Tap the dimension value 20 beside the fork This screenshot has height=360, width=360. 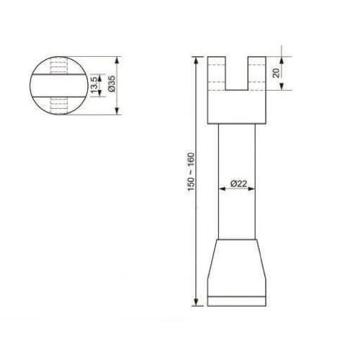click(x=276, y=72)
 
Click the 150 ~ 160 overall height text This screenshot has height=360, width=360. click(x=189, y=171)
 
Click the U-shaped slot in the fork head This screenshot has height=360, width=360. click(x=238, y=73)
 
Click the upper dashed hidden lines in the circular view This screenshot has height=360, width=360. click(x=58, y=67)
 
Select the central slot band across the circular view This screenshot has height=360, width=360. click(x=58, y=85)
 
